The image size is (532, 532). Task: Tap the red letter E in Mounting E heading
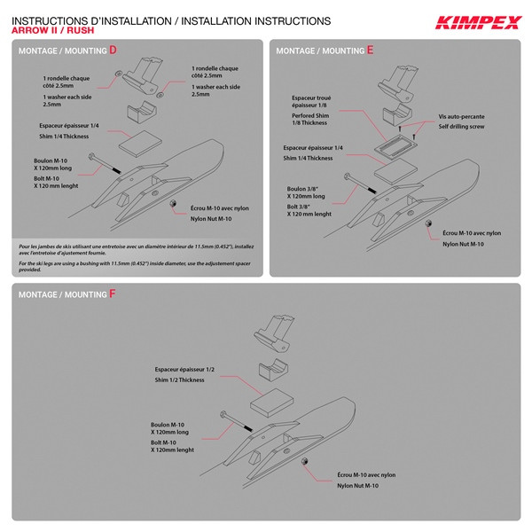[370, 51]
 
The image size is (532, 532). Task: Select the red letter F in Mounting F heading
[113, 293]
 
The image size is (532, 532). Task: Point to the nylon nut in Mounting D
[175, 204]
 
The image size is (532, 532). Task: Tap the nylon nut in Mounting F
[305, 464]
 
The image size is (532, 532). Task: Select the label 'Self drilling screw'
[460, 127]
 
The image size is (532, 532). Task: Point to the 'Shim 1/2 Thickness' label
[179, 379]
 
